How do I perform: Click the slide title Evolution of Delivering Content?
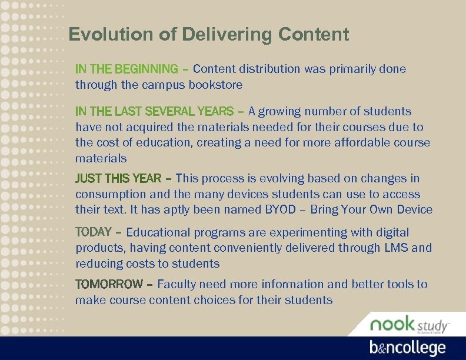(209, 35)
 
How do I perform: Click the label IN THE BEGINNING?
(126, 69)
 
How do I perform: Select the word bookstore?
(215, 85)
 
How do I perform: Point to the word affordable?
(362, 142)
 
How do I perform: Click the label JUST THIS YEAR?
(118, 178)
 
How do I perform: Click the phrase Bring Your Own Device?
(371, 210)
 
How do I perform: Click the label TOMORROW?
(109, 284)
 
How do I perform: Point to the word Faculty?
(177, 284)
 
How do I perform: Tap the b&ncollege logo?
(407, 348)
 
